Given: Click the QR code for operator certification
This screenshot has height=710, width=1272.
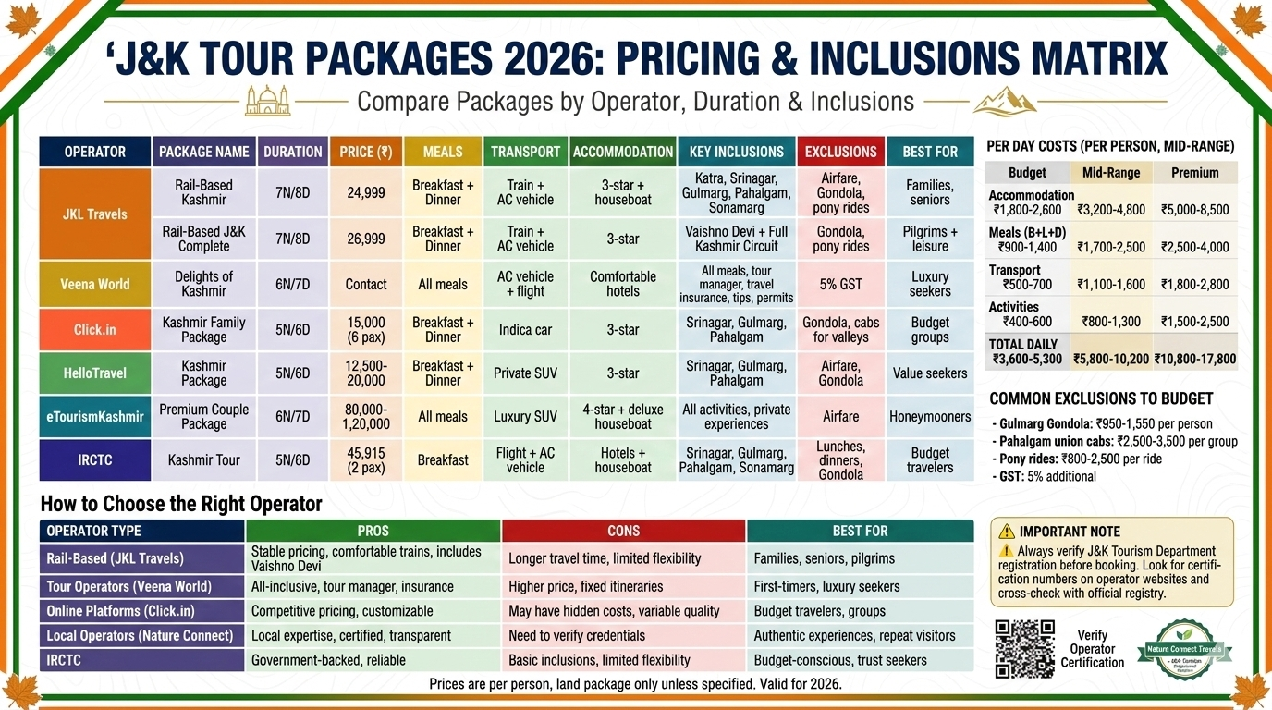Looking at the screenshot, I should [x=1024, y=649].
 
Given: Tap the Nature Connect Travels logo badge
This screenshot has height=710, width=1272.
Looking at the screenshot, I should [x=1184, y=649].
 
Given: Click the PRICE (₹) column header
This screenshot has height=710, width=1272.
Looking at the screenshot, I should [x=366, y=152].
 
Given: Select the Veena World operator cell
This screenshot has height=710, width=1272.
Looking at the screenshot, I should [x=95, y=284].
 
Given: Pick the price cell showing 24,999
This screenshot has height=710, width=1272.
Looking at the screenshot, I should [x=366, y=192].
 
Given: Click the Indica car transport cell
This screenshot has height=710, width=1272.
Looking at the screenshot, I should [x=525, y=329].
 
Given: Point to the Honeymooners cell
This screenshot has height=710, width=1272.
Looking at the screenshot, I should [x=930, y=417].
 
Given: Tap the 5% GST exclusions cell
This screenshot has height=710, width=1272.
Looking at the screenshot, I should [x=840, y=284].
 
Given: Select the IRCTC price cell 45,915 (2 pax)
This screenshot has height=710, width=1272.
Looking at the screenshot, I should [x=366, y=459].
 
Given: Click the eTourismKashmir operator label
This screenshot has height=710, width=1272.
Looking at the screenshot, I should [x=95, y=417].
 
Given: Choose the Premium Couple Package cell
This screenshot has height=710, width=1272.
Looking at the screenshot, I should [x=204, y=417].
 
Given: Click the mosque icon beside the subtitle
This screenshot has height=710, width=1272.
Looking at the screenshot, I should [x=267, y=100].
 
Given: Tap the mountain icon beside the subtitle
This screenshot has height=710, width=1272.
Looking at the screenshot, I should [x=1005, y=100].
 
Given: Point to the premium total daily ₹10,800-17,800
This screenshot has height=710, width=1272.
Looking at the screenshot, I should [x=1194, y=360].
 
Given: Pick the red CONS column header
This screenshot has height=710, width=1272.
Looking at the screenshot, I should [x=623, y=531].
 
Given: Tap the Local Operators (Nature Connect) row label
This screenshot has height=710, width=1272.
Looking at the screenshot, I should [x=140, y=635].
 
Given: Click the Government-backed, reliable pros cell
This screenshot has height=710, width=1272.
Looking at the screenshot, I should [x=328, y=660].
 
